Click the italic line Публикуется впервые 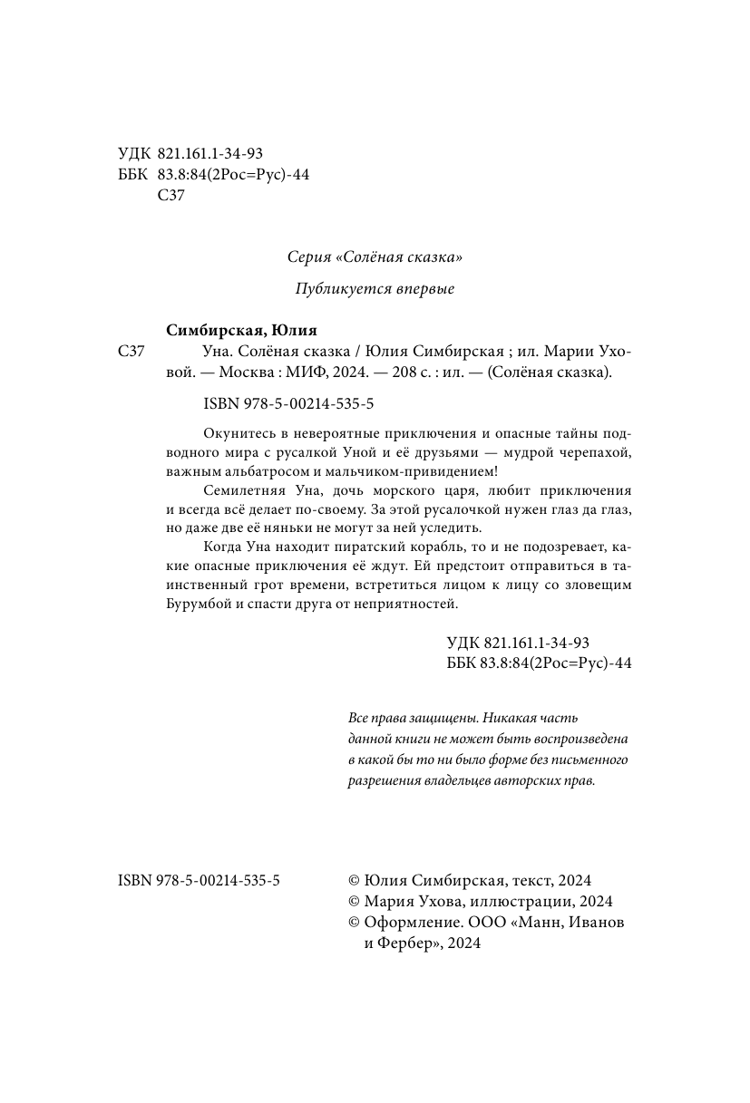click(375, 289)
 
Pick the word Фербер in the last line click(403, 943)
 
